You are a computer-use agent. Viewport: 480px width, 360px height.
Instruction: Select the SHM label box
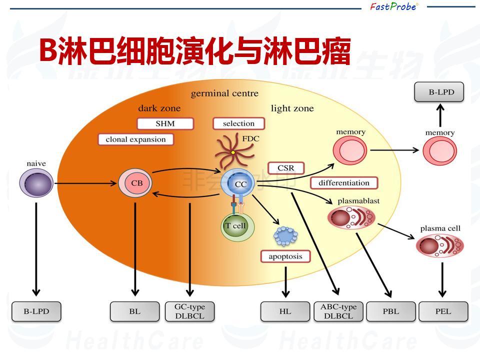coord(158,123)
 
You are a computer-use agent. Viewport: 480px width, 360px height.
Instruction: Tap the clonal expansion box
coord(135,139)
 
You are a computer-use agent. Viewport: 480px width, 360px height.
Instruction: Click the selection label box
coord(238,123)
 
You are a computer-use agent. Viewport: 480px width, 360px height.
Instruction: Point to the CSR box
coord(286,168)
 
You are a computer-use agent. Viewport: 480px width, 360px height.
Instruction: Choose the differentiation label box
coord(343,183)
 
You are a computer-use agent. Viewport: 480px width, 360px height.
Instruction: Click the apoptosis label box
coord(285,256)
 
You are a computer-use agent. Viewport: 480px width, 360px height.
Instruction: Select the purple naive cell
coord(36,183)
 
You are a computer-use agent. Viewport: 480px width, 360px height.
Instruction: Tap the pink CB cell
coord(136,183)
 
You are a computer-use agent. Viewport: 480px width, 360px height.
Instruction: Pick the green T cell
coord(237,226)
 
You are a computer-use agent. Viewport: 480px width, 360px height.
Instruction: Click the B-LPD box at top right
coord(439,92)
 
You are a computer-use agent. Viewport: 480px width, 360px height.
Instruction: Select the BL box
coord(134,311)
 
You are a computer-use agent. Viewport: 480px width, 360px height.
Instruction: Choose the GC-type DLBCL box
coord(189,311)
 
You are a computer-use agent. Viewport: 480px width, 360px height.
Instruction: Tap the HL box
coord(285,311)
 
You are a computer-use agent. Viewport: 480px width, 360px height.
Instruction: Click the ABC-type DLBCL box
coord(338,311)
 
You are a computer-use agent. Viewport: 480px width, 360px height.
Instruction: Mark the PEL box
coord(443,311)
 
